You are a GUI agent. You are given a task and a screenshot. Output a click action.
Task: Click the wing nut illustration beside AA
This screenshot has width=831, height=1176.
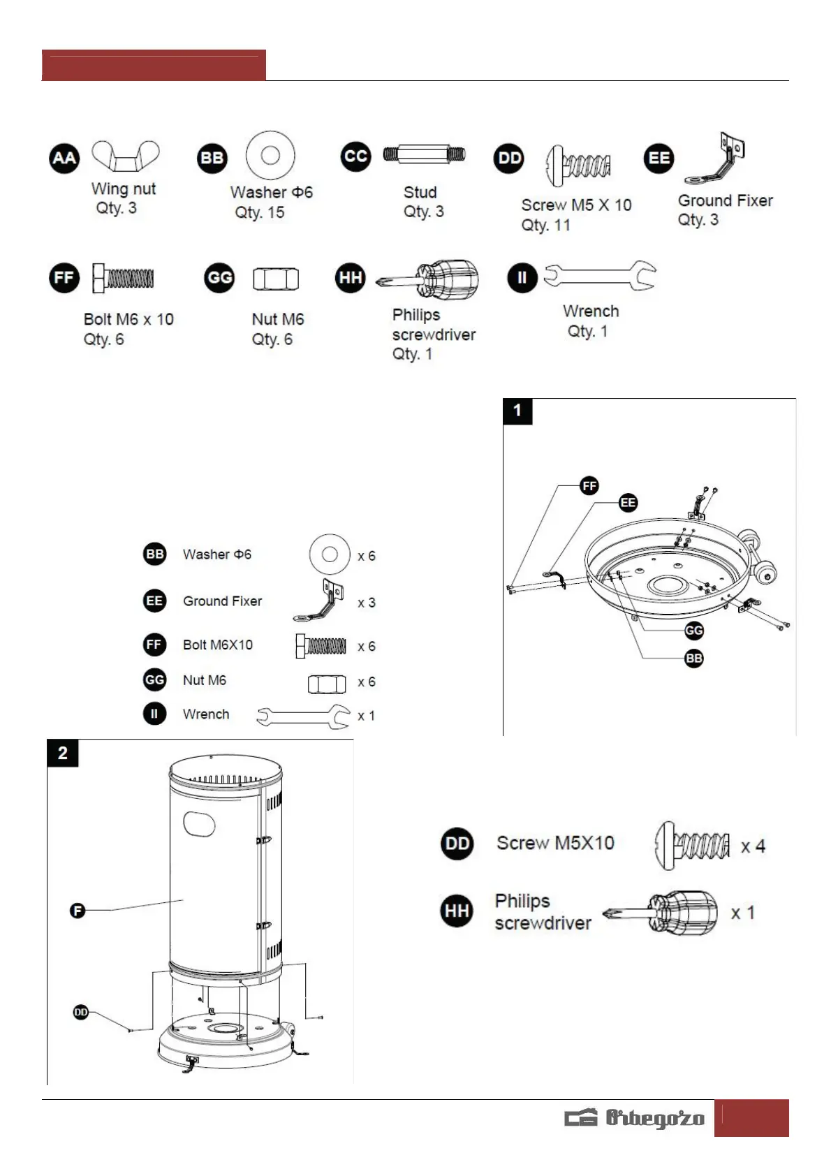126,156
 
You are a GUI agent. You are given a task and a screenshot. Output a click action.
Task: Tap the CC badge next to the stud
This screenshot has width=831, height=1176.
355,156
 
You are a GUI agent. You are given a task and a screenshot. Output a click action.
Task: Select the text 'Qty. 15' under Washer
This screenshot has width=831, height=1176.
259,212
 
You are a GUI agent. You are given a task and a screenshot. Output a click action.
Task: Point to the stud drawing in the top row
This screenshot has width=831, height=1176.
424,154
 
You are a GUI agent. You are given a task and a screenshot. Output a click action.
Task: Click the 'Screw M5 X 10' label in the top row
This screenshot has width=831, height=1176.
576,205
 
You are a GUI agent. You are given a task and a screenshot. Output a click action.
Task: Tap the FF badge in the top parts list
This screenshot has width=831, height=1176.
64,278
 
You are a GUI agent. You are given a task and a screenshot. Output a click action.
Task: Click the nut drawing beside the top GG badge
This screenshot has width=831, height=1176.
276,279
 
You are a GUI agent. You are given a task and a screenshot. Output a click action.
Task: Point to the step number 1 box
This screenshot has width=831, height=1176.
517,411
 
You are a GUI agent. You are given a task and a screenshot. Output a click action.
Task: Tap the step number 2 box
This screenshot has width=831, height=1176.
63,753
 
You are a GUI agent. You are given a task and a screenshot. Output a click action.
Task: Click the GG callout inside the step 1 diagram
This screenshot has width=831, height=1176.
693,631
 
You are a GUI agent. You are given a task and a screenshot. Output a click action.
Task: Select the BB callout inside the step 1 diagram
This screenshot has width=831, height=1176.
693,659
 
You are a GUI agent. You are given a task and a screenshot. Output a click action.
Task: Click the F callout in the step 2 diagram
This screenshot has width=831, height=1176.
78,910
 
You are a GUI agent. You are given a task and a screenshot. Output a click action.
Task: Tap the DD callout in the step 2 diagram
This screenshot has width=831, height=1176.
81,1012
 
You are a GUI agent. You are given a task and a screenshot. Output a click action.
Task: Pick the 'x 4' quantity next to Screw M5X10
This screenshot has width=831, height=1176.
753,846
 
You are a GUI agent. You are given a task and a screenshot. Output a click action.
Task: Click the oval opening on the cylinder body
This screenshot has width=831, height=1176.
199,823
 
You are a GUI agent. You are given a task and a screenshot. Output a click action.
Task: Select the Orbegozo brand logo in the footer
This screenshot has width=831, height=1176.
635,1118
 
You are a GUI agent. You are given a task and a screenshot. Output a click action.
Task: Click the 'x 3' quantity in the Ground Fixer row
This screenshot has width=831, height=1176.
366,603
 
